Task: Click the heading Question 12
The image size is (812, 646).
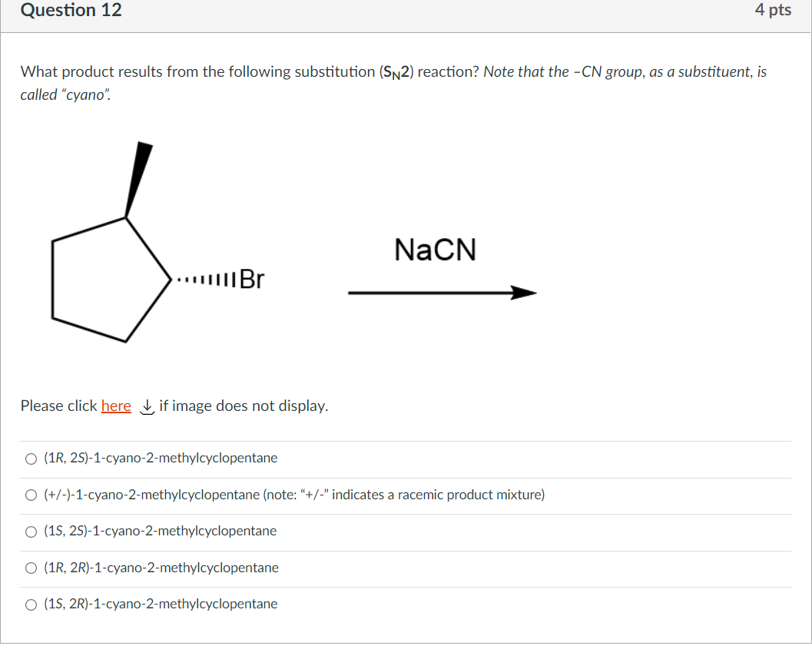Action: [x=71, y=11]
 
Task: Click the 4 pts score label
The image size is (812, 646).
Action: [x=772, y=11]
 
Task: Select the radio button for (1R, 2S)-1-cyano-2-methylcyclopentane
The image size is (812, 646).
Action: [x=31, y=459]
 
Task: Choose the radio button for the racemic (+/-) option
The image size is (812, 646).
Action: [x=31, y=495]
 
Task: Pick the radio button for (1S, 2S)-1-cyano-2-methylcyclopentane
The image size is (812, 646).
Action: [x=31, y=532]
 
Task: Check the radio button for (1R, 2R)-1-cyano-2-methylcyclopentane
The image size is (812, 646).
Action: [x=31, y=568]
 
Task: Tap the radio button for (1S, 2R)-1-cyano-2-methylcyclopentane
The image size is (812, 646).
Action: [x=31, y=605]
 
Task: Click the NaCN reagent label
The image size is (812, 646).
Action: [x=435, y=250]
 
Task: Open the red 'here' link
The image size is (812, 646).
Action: [x=116, y=406]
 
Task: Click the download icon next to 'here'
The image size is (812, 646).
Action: [x=146, y=406]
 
